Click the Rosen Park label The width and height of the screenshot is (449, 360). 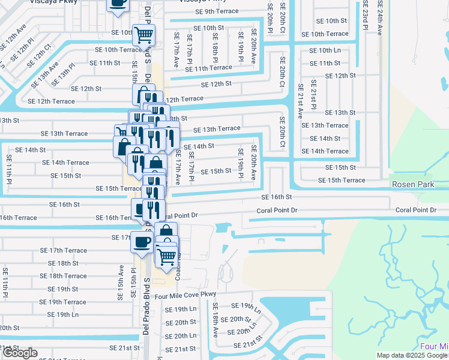pos(412,185)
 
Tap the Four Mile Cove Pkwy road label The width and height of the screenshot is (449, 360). pos(184,295)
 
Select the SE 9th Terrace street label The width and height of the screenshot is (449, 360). pos(217,11)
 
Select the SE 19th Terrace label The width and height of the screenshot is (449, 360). pos(63,302)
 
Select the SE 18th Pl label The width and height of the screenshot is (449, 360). pos(214,47)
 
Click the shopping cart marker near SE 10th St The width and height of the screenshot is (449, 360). pos(143,35)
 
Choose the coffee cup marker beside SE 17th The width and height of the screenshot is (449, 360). pos(142,242)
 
